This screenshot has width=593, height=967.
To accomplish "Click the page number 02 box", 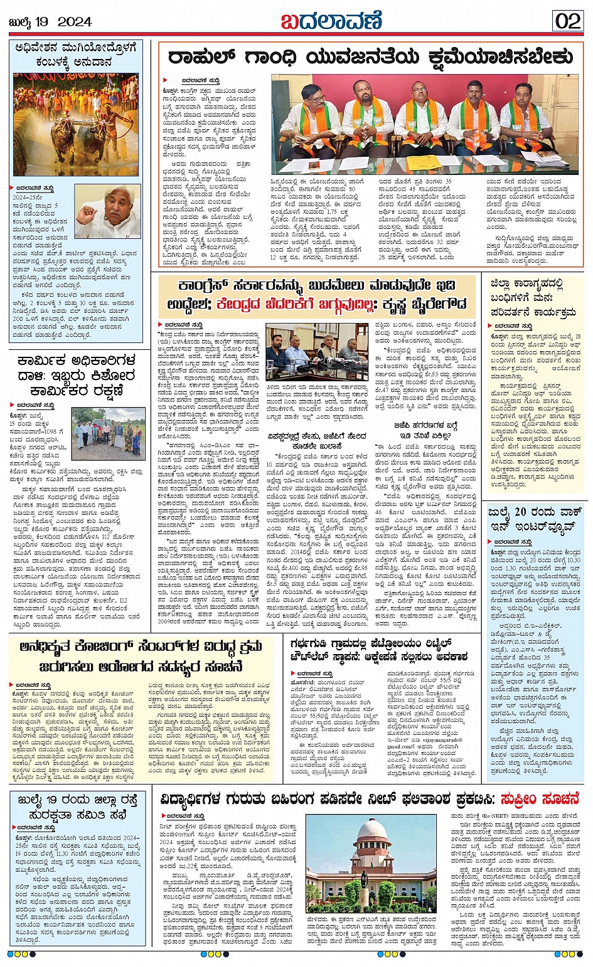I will pyautogui.click(x=568, y=21).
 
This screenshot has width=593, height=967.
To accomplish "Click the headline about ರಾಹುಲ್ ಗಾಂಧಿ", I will pyautogui.click(x=370, y=58).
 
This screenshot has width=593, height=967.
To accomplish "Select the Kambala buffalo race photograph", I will pyautogui.click(x=76, y=124).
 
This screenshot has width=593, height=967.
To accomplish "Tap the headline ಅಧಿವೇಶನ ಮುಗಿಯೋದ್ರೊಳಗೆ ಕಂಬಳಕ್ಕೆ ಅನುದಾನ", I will pyautogui.click(x=76, y=55).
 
